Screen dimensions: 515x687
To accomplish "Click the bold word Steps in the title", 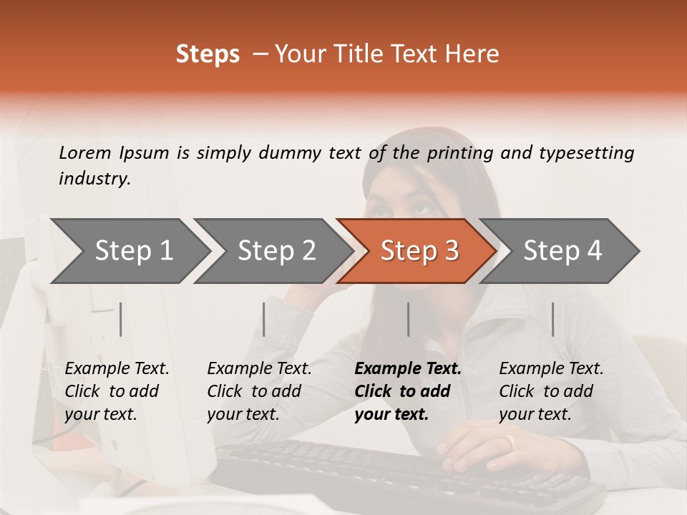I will (x=208, y=54).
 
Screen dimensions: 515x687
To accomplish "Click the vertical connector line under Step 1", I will (x=121, y=319).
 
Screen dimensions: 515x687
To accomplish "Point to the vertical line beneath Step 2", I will (x=264, y=319).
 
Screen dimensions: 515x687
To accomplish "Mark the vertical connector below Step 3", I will (x=409, y=319).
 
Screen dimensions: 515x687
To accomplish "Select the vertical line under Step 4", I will (x=552, y=319).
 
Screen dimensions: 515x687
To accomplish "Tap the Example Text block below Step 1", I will (x=117, y=391).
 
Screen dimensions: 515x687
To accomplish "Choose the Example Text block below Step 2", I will (x=259, y=391).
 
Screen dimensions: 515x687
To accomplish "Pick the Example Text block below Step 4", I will (x=551, y=391).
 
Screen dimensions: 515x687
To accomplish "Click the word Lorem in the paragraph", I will (x=85, y=152).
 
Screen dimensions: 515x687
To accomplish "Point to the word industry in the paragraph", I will (x=94, y=179).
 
